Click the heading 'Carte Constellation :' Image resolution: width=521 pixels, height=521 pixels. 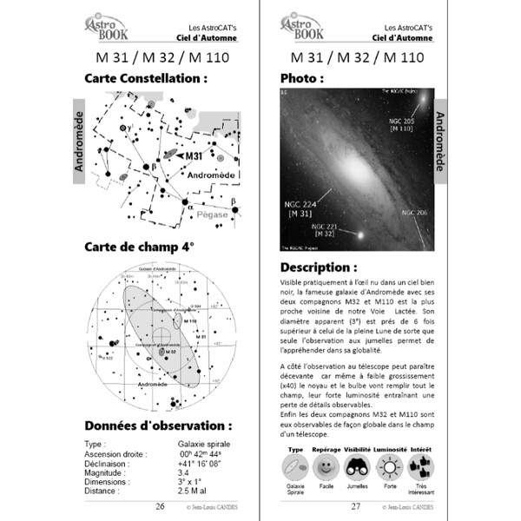[147, 79]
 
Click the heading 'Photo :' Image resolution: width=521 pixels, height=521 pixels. [302, 79]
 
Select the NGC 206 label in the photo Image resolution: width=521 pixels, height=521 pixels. [413, 212]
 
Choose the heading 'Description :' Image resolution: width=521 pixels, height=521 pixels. [319, 267]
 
